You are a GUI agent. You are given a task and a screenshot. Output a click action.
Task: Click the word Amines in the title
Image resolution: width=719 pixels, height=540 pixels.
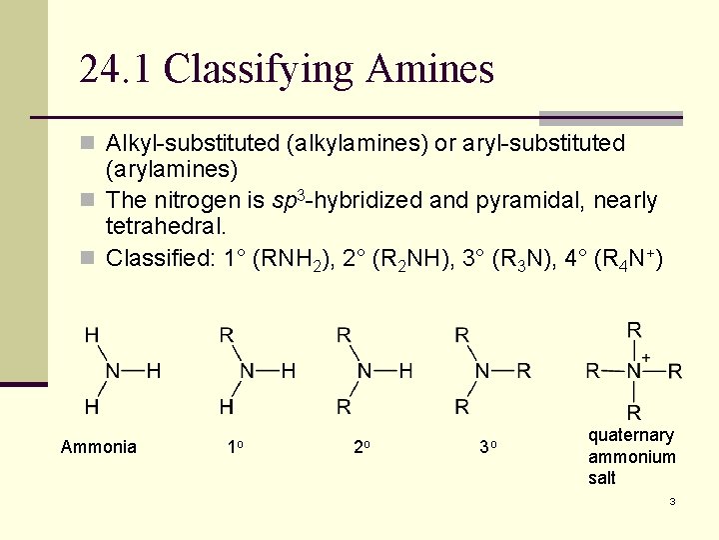tap(430, 70)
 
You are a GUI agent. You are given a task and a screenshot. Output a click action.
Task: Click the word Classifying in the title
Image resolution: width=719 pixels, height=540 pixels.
tap(258, 70)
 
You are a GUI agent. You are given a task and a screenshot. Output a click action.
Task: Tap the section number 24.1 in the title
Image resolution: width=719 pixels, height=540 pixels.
tap(116, 70)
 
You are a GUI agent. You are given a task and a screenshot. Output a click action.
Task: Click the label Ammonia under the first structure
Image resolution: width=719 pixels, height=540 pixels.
tap(99, 447)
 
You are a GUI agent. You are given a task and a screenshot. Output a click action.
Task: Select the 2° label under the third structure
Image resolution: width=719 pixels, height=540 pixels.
tap(362, 447)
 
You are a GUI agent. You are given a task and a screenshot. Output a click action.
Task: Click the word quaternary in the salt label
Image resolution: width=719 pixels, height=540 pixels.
tap(631, 435)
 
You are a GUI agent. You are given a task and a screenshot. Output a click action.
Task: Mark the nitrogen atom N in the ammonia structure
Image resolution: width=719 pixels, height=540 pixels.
tap(113, 371)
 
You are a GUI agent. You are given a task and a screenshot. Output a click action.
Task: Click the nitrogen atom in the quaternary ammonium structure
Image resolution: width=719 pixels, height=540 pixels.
tap(634, 371)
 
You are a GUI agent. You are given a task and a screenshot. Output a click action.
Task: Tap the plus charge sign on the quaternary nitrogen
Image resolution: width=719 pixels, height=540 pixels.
tap(646, 357)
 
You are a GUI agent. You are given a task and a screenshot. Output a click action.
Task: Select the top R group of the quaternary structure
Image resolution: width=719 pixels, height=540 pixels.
tap(634, 330)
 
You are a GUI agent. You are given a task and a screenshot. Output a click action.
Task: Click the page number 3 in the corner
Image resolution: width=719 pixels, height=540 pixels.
tap(672, 500)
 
